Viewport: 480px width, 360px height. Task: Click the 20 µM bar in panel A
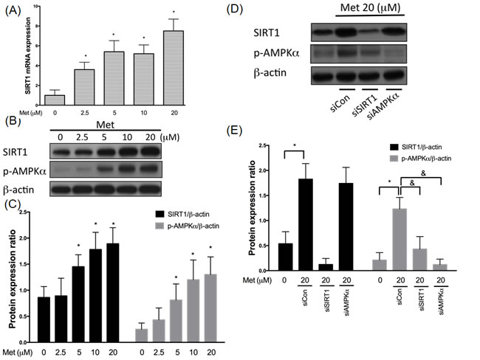click(174, 68)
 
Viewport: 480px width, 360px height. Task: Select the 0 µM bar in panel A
click(55, 100)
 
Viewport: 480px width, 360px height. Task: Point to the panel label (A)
click(13, 11)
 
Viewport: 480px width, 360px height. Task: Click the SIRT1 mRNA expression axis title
click(28, 55)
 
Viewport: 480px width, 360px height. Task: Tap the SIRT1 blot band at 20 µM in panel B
click(151, 151)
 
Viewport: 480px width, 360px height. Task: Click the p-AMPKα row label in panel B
click(24, 172)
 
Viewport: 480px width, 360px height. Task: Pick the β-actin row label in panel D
click(270, 73)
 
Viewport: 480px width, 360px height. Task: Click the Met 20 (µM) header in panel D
click(371, 7)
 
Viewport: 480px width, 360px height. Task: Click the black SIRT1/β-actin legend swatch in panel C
click(160, 214)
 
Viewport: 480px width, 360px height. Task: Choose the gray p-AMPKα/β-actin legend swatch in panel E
click(394, 159)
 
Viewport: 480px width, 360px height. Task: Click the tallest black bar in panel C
click(113, 293)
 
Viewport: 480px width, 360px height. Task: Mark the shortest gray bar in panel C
click(142, 336)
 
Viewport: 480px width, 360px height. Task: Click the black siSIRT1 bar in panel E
click(326, 267)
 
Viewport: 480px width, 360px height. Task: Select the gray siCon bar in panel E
click(400, 240)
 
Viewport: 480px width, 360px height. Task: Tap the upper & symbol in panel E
click(423, 173)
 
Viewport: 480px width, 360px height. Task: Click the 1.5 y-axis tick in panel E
click(263, 195)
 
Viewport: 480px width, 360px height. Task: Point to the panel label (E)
click(234, 131)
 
